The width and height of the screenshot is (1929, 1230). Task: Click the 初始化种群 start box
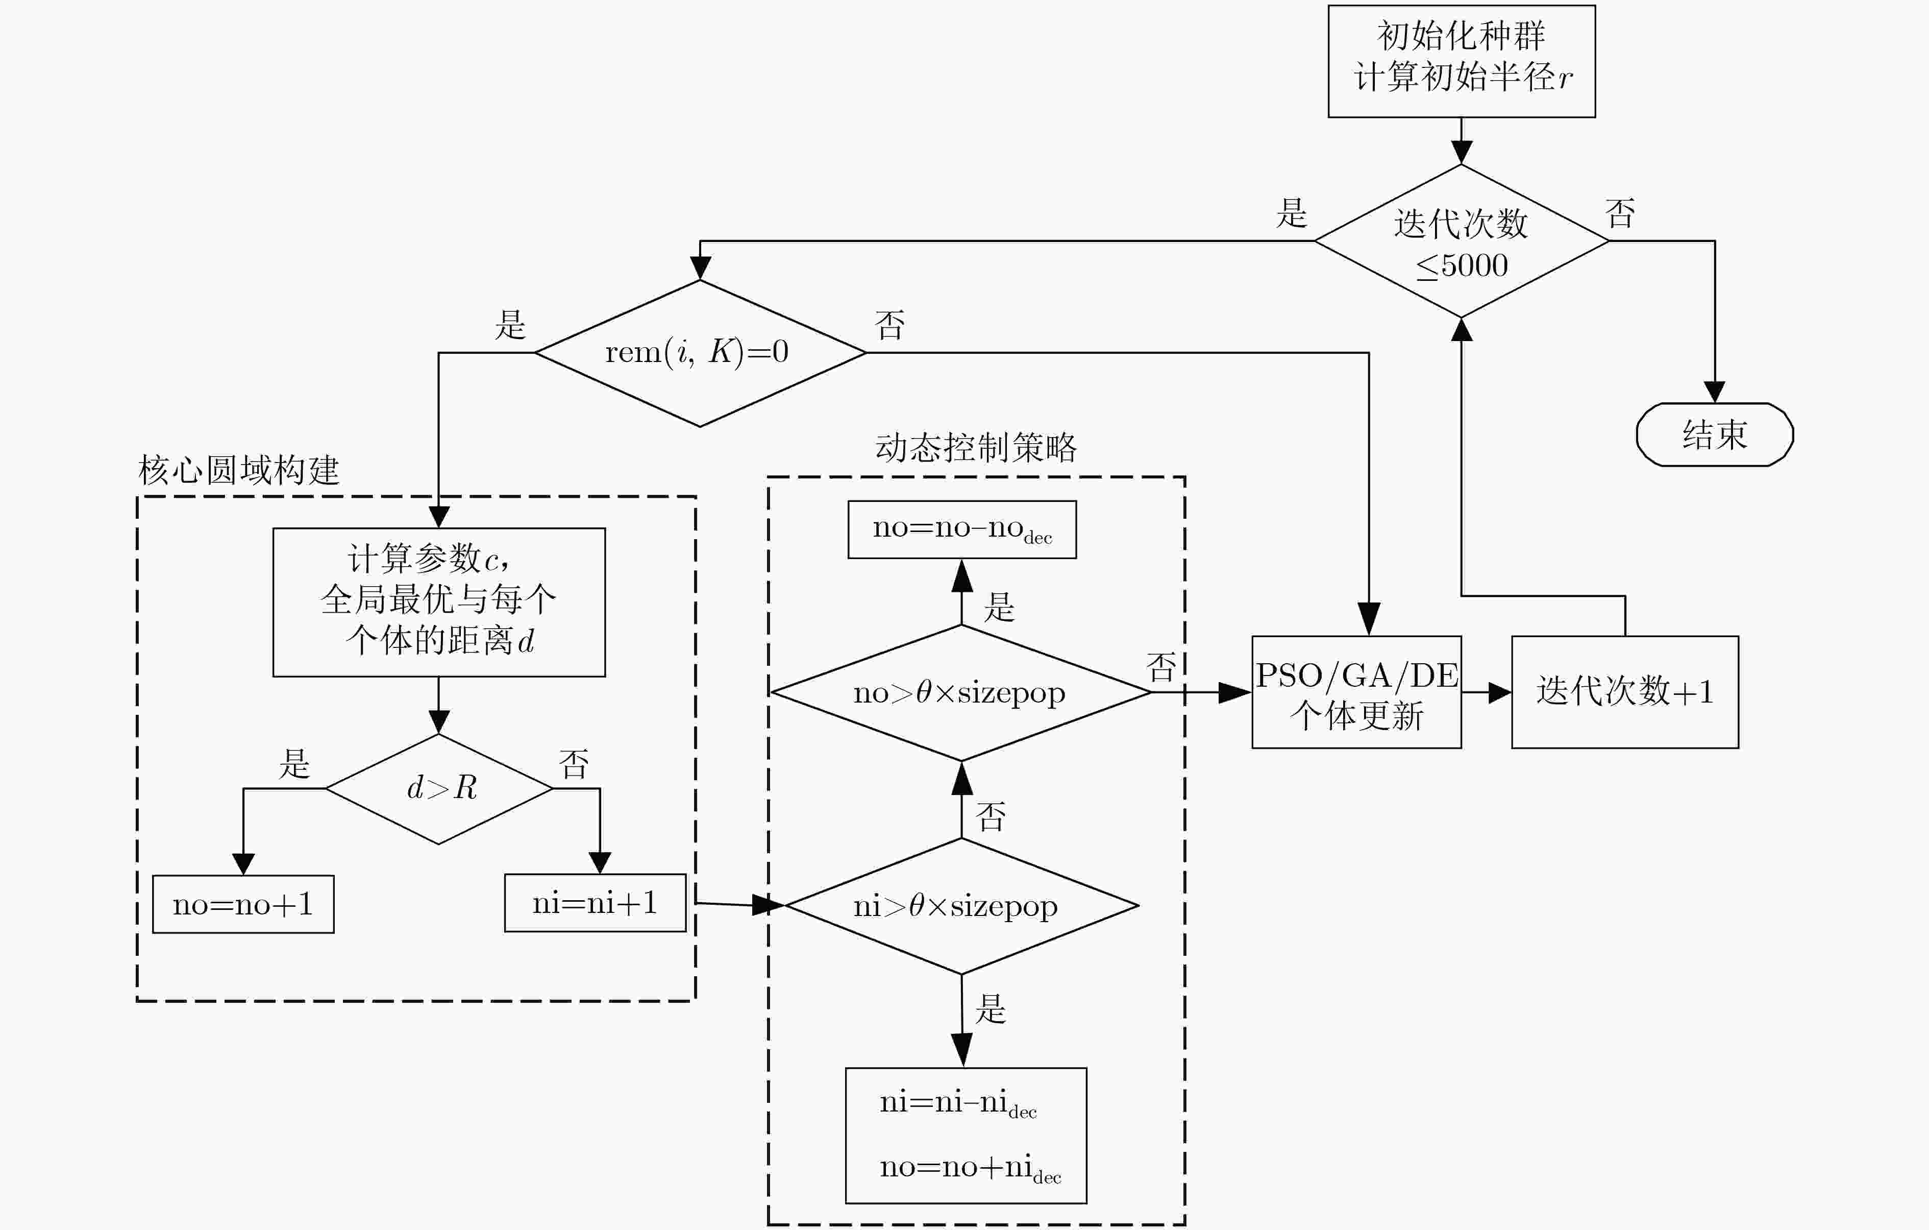tap(1461, 61)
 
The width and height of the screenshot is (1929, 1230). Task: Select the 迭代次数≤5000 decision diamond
tap(1461, 240)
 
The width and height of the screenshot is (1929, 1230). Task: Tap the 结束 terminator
tap(1714, 435)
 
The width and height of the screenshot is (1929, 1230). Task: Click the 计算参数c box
tap(439, 602)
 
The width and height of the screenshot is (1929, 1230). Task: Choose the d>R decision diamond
tap(439, 788)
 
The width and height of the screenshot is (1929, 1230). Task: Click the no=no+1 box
tap(243, 904)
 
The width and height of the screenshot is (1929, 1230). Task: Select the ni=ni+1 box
tap(595, 902)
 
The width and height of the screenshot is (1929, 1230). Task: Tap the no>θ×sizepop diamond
tap(961, 692)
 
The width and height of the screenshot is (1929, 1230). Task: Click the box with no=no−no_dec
tap(962, 529)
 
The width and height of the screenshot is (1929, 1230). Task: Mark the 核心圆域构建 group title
tap(239, 470)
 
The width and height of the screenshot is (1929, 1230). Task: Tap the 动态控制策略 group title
tap(976, 447)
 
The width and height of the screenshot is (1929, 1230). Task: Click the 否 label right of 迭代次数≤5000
tap(1620, 213)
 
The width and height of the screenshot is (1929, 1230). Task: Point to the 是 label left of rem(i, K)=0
tap(510, 325)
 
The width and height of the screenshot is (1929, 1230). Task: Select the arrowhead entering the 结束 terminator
tap(1714, 391)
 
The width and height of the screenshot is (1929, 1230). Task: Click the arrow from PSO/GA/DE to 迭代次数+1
tap(1487, 692)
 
